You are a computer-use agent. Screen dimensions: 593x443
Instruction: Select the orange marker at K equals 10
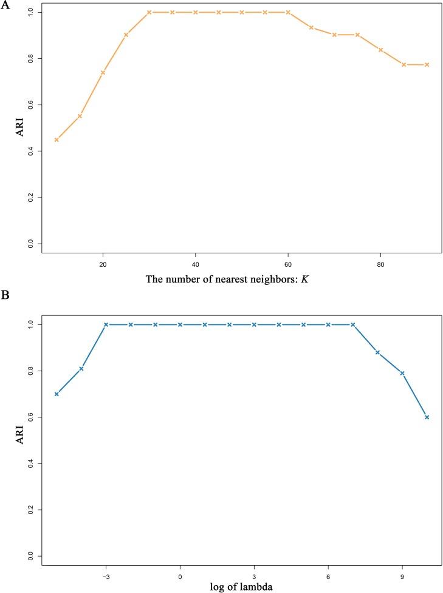57,140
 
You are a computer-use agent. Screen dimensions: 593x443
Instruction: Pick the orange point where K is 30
149,12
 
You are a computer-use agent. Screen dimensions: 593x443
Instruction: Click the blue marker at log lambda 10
427,417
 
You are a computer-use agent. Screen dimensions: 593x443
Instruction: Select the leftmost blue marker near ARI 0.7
57,394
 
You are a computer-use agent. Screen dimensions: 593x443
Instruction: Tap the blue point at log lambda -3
106,324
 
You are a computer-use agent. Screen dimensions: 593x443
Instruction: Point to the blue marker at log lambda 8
377,352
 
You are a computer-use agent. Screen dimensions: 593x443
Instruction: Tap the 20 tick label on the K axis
103,265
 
